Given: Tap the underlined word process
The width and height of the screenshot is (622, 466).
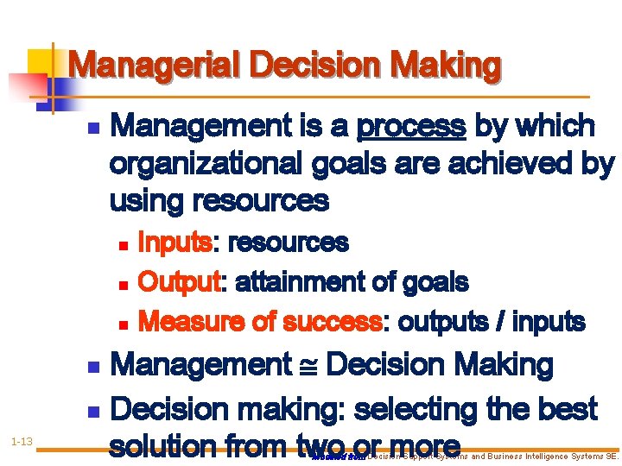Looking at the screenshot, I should click(x=411, y=127).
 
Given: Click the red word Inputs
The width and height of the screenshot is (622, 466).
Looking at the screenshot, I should click(x=175, y=243).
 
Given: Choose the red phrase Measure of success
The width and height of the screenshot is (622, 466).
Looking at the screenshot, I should click(x=259, y=322).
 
